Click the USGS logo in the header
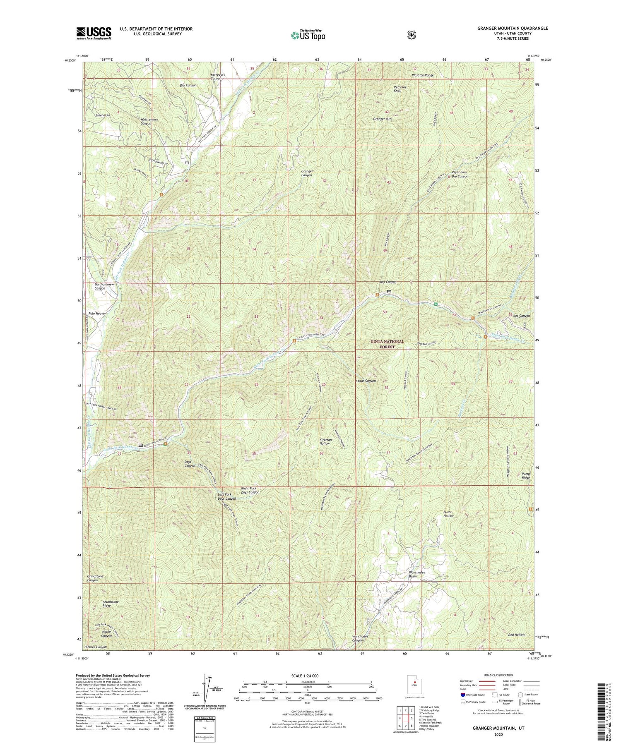point(94,33)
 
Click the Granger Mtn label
point(382,119)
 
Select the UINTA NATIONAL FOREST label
point(387,344)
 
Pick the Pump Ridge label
point(526,476)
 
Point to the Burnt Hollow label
point(448,514)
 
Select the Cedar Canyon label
point(366,381)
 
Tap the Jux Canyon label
point(522,316)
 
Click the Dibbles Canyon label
point(96,647)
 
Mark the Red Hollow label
point(516,635)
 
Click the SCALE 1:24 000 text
point(307,676)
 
